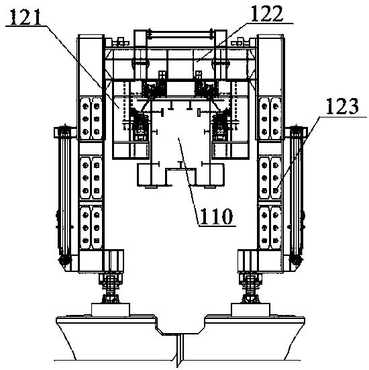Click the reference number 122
266,13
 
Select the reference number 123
342,107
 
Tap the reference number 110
217,216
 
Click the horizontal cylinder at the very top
180,35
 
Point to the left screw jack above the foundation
111,288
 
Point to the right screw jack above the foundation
250,288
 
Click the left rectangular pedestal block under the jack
111,310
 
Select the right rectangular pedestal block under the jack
251,310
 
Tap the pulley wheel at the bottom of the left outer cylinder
64,261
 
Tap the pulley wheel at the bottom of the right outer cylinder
297,261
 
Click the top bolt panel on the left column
91,118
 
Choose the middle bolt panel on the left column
91,178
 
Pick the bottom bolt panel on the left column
91,228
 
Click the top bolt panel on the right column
270,118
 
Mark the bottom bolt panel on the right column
270,228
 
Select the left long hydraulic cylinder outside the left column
64,193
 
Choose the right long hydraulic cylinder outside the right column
297,193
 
